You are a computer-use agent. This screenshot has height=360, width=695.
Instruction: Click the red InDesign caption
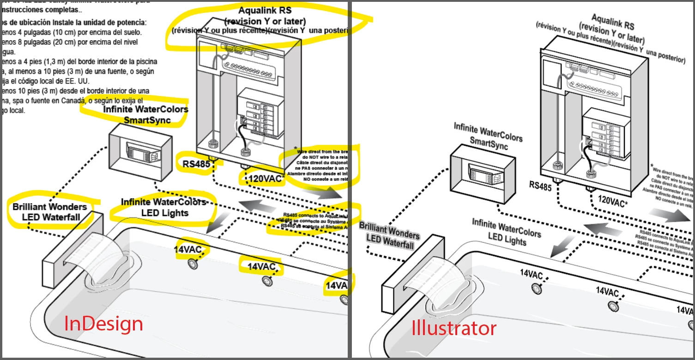pyautogui.click(x=103, y=324)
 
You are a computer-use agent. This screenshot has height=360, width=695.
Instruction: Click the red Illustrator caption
pyautogui.click(x=454, y=329)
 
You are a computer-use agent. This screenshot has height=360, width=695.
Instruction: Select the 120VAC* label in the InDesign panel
pyautogui.click(x=266, y=179)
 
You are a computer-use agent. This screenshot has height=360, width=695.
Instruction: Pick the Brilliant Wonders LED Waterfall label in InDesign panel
pyautogui.click(x=49, y=212)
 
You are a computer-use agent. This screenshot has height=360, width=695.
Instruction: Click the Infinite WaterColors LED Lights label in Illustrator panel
pyautogui.click(x=506, y=233)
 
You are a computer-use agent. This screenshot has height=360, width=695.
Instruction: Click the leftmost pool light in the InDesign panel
pyautogui.click(x=192, y=264)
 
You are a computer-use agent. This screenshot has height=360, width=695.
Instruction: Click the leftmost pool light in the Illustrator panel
pyautogui.click(x=537, y=288)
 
